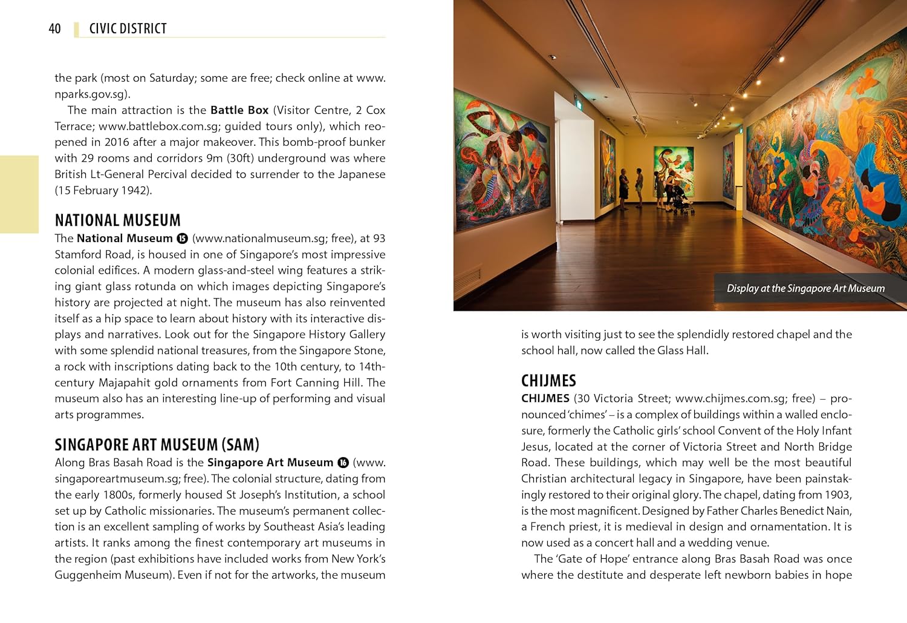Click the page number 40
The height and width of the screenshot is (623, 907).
click(54, 28)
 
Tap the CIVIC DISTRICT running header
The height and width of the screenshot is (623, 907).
click(128, 28)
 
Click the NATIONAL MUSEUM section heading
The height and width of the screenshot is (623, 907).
click(117, 220)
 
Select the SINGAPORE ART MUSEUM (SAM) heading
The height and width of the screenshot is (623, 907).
click(157, 444)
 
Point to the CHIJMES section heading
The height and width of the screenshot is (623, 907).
click(548, 380)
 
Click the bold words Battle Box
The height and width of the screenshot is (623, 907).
click(239, 110)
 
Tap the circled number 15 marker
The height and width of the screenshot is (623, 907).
click(182, 239)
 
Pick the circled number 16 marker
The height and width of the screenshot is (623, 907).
click(343, 463)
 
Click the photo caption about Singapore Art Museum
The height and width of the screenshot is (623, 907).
click(805, 289)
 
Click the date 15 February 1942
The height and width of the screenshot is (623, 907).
click(103, 190)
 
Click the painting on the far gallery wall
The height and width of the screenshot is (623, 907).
click(672, 162)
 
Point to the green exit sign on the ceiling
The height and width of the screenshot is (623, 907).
click(579, 104)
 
